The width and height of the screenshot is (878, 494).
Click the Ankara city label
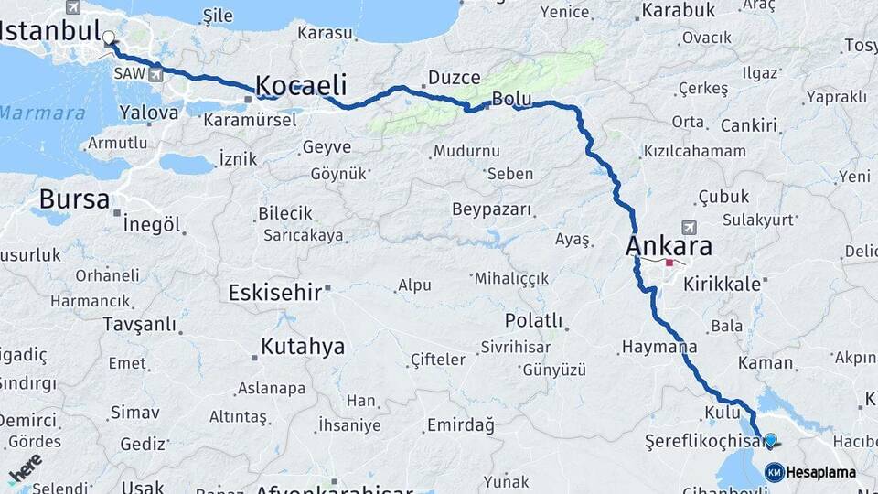[x=669, y=246]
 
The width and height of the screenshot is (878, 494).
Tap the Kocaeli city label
[x=301, y=86]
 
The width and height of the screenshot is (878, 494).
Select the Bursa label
[x=74, y=199]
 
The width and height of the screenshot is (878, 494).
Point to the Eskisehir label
[x=274, y=293]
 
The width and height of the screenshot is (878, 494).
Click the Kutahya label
[x=303, y=347]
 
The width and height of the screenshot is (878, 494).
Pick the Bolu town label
[x=511, y=98]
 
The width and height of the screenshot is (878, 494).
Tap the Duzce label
[x=455, y=78]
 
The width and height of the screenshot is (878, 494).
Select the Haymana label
[x=658, y=347]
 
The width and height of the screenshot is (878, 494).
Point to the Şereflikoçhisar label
[x=703, y=441]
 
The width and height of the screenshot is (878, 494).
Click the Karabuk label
[x=678, y=11]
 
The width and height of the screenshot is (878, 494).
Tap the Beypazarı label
[x=491, y=209]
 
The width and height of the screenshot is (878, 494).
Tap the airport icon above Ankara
[x=688, y=227]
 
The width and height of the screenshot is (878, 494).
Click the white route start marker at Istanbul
[x=110, y=38]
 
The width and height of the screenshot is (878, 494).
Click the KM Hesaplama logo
[x=810, y=472]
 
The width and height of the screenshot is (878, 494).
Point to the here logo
[x=25, y=468]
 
